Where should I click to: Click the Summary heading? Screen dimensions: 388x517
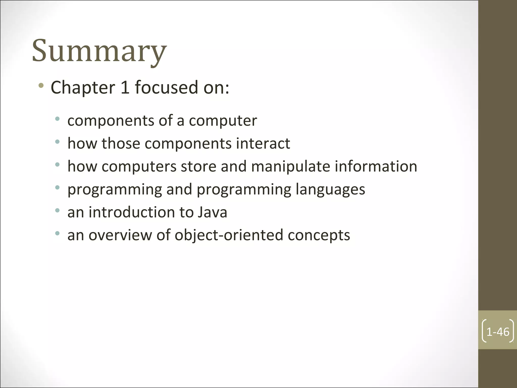[99, 51]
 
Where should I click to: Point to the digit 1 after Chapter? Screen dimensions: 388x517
[125, 87]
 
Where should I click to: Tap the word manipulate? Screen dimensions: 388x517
[291, 167]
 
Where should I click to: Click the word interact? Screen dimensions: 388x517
[263, 144]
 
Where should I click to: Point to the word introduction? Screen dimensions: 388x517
[132, 212]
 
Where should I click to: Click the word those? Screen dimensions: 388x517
[121, 144]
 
